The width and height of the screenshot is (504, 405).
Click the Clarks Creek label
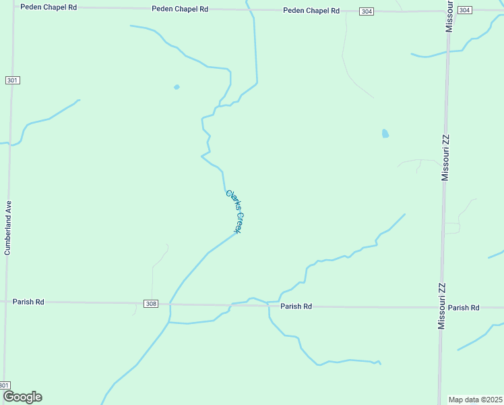tap(234, 211)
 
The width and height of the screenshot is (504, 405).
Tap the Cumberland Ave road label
tap(9, 227)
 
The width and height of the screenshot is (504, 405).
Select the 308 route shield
tap(151, 304)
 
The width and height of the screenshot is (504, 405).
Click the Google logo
tap(22, 397)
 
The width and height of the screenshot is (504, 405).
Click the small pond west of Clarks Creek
tap(177, 87)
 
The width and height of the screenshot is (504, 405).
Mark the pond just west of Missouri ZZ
tap(385, 134)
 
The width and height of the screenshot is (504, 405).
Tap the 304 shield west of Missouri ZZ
tap(366, 11)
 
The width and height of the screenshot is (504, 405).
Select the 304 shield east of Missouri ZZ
tap(464, 11)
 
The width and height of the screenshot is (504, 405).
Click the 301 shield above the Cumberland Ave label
tap(12, 80)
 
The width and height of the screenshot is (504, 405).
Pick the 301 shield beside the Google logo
tap(5, 385)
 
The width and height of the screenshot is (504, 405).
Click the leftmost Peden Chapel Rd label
tap(49, 7)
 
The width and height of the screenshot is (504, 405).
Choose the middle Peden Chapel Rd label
tap(180, 9)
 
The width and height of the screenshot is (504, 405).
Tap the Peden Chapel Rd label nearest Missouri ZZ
tap(311, 11)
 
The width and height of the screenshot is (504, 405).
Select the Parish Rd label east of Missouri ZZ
tap(464, 308)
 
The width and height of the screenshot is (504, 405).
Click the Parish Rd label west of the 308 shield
tap(28, 302)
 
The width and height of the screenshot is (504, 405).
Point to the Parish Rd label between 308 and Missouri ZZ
tap(296, 306)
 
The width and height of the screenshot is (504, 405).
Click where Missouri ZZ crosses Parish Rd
tap(441, 308)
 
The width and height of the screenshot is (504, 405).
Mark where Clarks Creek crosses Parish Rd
tap(170, 304)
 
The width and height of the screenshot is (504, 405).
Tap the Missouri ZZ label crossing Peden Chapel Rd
tap(449, 15)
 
